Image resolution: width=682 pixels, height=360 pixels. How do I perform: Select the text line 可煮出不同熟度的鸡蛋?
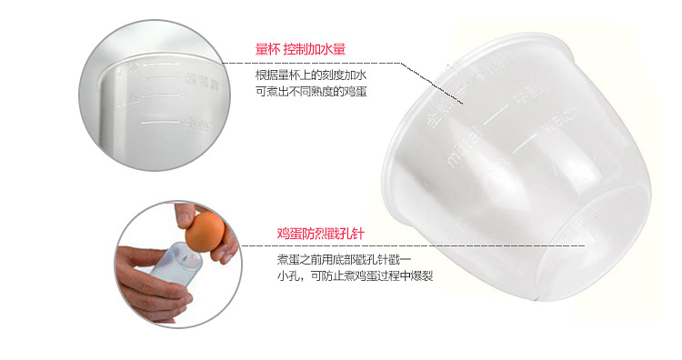point(311,92)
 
